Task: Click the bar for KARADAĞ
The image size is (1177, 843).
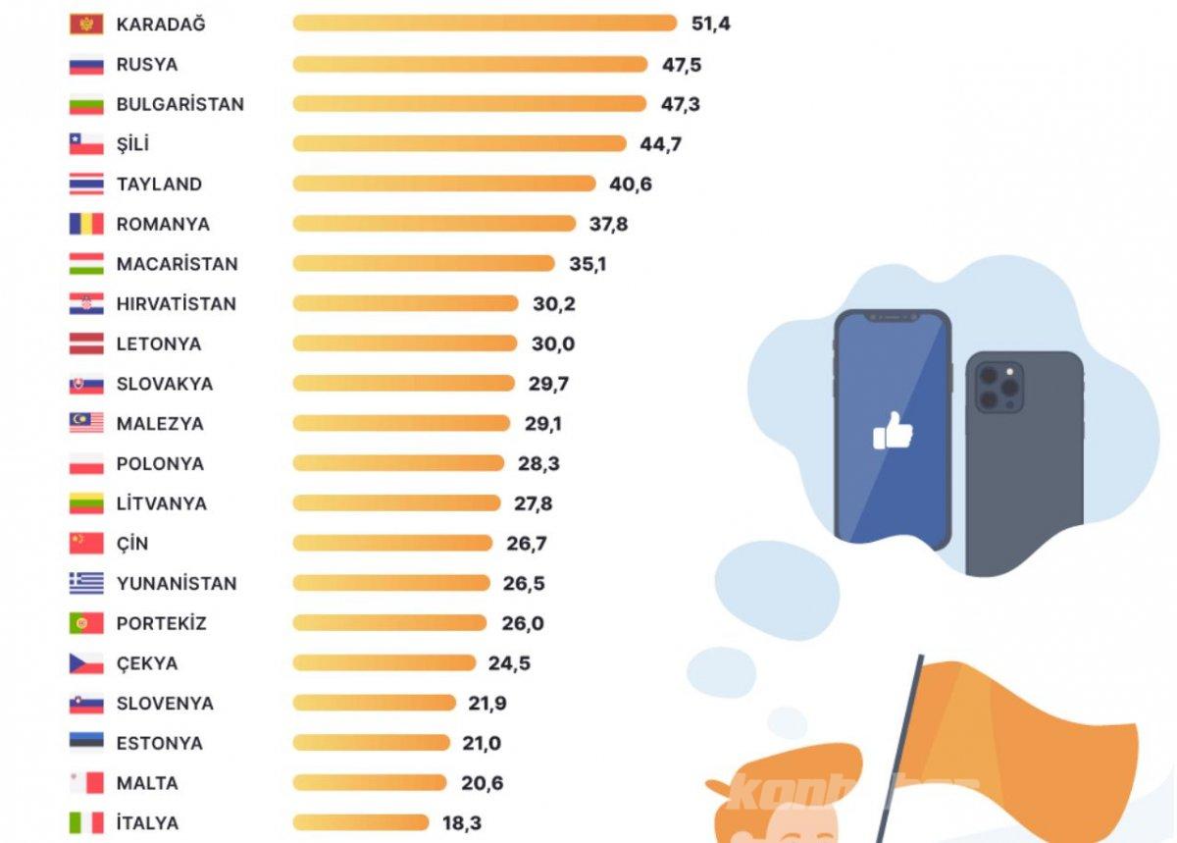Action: tap(485, 24)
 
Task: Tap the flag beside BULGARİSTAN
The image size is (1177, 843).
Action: tap(86, 104)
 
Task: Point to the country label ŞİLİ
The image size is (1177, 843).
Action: tap(132, 144)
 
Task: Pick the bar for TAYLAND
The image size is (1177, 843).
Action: tap(443, 184)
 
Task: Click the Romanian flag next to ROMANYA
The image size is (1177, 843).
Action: tap(86, 224)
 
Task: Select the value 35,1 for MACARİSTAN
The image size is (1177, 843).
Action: tap(588, 264)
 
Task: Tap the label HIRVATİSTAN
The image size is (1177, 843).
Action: tap(176, 304)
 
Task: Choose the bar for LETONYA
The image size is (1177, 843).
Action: tap(404, 343)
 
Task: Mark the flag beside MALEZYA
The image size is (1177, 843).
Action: tap(86, 423)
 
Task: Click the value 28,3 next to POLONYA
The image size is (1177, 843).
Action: tap(538, 463)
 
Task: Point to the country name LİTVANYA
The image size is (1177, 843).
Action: tap(161, 503)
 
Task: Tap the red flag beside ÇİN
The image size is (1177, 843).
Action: tap(86, 543)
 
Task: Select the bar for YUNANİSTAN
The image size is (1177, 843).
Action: tap(390, 583)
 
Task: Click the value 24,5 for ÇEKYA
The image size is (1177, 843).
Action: tap(509, 663)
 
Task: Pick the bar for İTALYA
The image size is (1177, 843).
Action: tap(360, 822)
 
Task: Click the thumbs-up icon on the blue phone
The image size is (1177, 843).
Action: tap(893, 432)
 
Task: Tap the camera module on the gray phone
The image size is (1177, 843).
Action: tap(998, 387)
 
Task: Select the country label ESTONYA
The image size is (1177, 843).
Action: tap(159, 743)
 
